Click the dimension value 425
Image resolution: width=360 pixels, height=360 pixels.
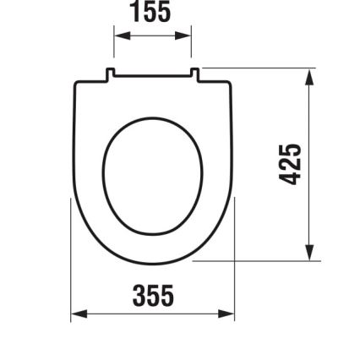[291, 164]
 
